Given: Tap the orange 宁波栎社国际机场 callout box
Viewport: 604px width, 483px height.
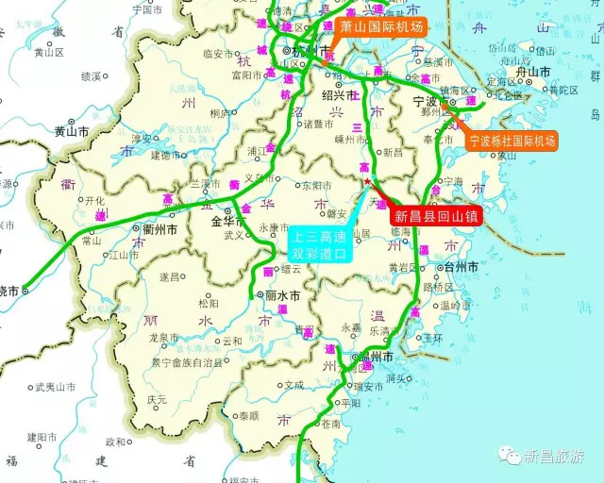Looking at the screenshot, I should [512, 142].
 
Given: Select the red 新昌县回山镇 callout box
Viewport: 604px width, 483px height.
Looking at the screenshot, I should [435, 216].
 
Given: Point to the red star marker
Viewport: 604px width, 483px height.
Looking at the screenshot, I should [367, 181].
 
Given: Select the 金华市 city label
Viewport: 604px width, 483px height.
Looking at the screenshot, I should [228, 222].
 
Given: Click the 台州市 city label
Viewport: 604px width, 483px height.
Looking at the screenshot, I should [460, 267].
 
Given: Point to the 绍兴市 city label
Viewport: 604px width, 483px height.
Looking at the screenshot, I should [340, 95].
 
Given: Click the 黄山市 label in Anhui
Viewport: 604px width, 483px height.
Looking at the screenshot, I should [72, 132].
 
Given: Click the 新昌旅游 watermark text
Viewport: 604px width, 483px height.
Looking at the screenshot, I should [558, 458].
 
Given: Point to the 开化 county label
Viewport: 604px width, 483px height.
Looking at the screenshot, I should [95, 200].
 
